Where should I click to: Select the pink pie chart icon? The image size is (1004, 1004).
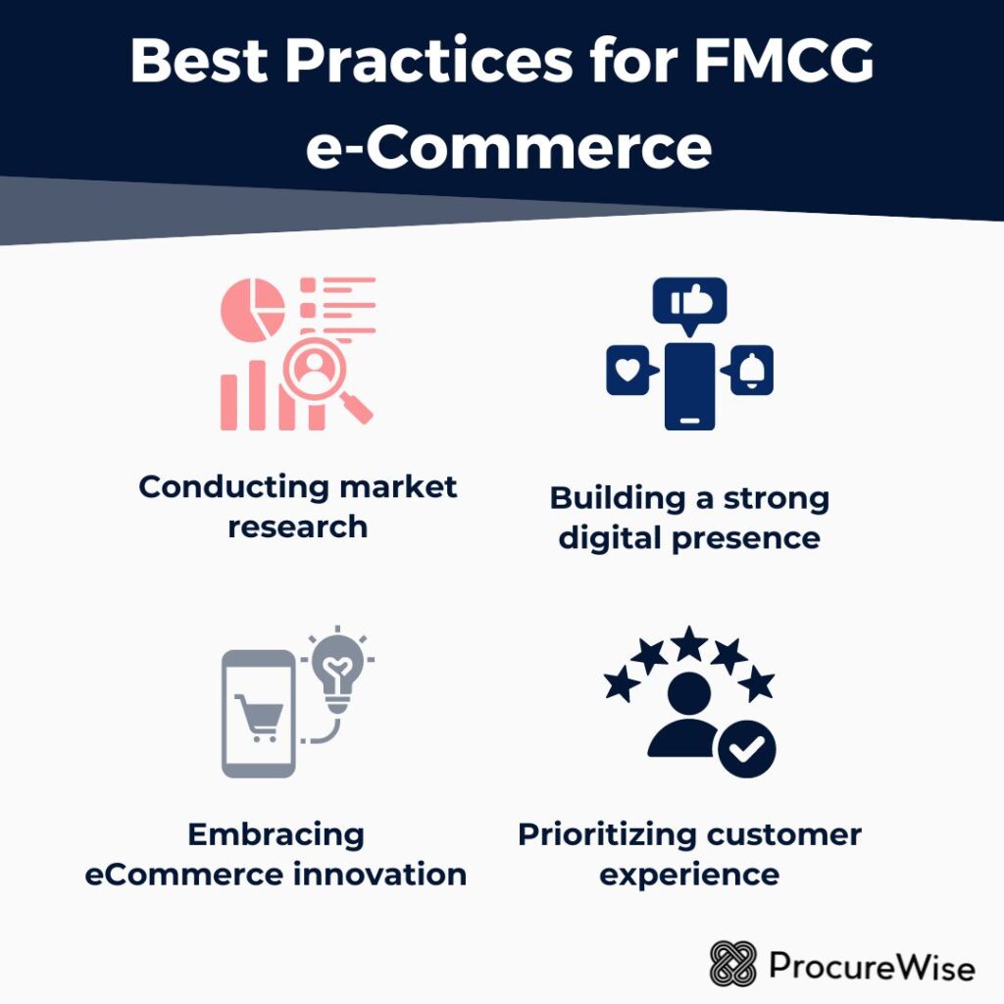[x=252, y=309]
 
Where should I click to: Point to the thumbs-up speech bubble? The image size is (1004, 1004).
[x=689, y=303]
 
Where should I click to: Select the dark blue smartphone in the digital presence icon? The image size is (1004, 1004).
[x=689, y=385]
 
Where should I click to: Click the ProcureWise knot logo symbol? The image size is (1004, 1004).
[x=734, y=965]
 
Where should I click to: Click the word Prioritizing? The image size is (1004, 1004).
[x=601, y=835]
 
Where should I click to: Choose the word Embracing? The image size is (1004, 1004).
[x=276, y=835]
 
